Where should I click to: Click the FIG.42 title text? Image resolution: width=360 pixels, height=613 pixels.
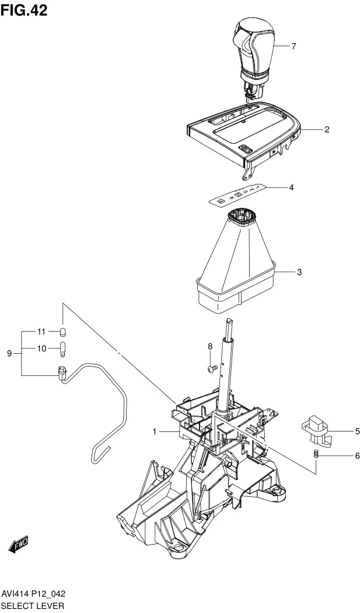coord(24,10)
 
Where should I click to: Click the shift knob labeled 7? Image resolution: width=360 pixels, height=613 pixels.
coord(253,58)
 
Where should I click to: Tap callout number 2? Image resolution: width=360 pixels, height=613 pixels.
coord(327,130)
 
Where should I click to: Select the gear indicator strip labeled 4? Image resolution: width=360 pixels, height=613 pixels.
coord(239,194)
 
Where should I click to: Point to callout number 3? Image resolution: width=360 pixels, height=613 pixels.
coord(299,272)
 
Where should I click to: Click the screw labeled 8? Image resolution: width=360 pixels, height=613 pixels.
coord(212,368)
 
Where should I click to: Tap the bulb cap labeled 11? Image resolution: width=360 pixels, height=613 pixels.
coord(62,332)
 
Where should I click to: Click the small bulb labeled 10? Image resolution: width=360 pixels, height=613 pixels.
coord(62,349)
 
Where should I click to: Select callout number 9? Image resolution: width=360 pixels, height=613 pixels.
coord(10,353)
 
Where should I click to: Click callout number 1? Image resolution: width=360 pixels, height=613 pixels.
coord(155,431)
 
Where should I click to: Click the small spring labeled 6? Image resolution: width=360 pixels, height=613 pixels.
coord(316,454)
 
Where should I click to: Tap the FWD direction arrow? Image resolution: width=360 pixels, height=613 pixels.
coord(18,544)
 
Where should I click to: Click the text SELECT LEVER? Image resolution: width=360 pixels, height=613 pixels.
coord(32,606)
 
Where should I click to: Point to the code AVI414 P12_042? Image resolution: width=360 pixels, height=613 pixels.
coord(33,594)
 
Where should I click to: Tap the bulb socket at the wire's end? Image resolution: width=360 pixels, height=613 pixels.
coord(62,373)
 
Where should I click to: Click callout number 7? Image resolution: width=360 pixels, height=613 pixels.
coord(293,47)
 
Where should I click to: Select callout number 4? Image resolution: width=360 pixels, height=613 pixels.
coord(291,187)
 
